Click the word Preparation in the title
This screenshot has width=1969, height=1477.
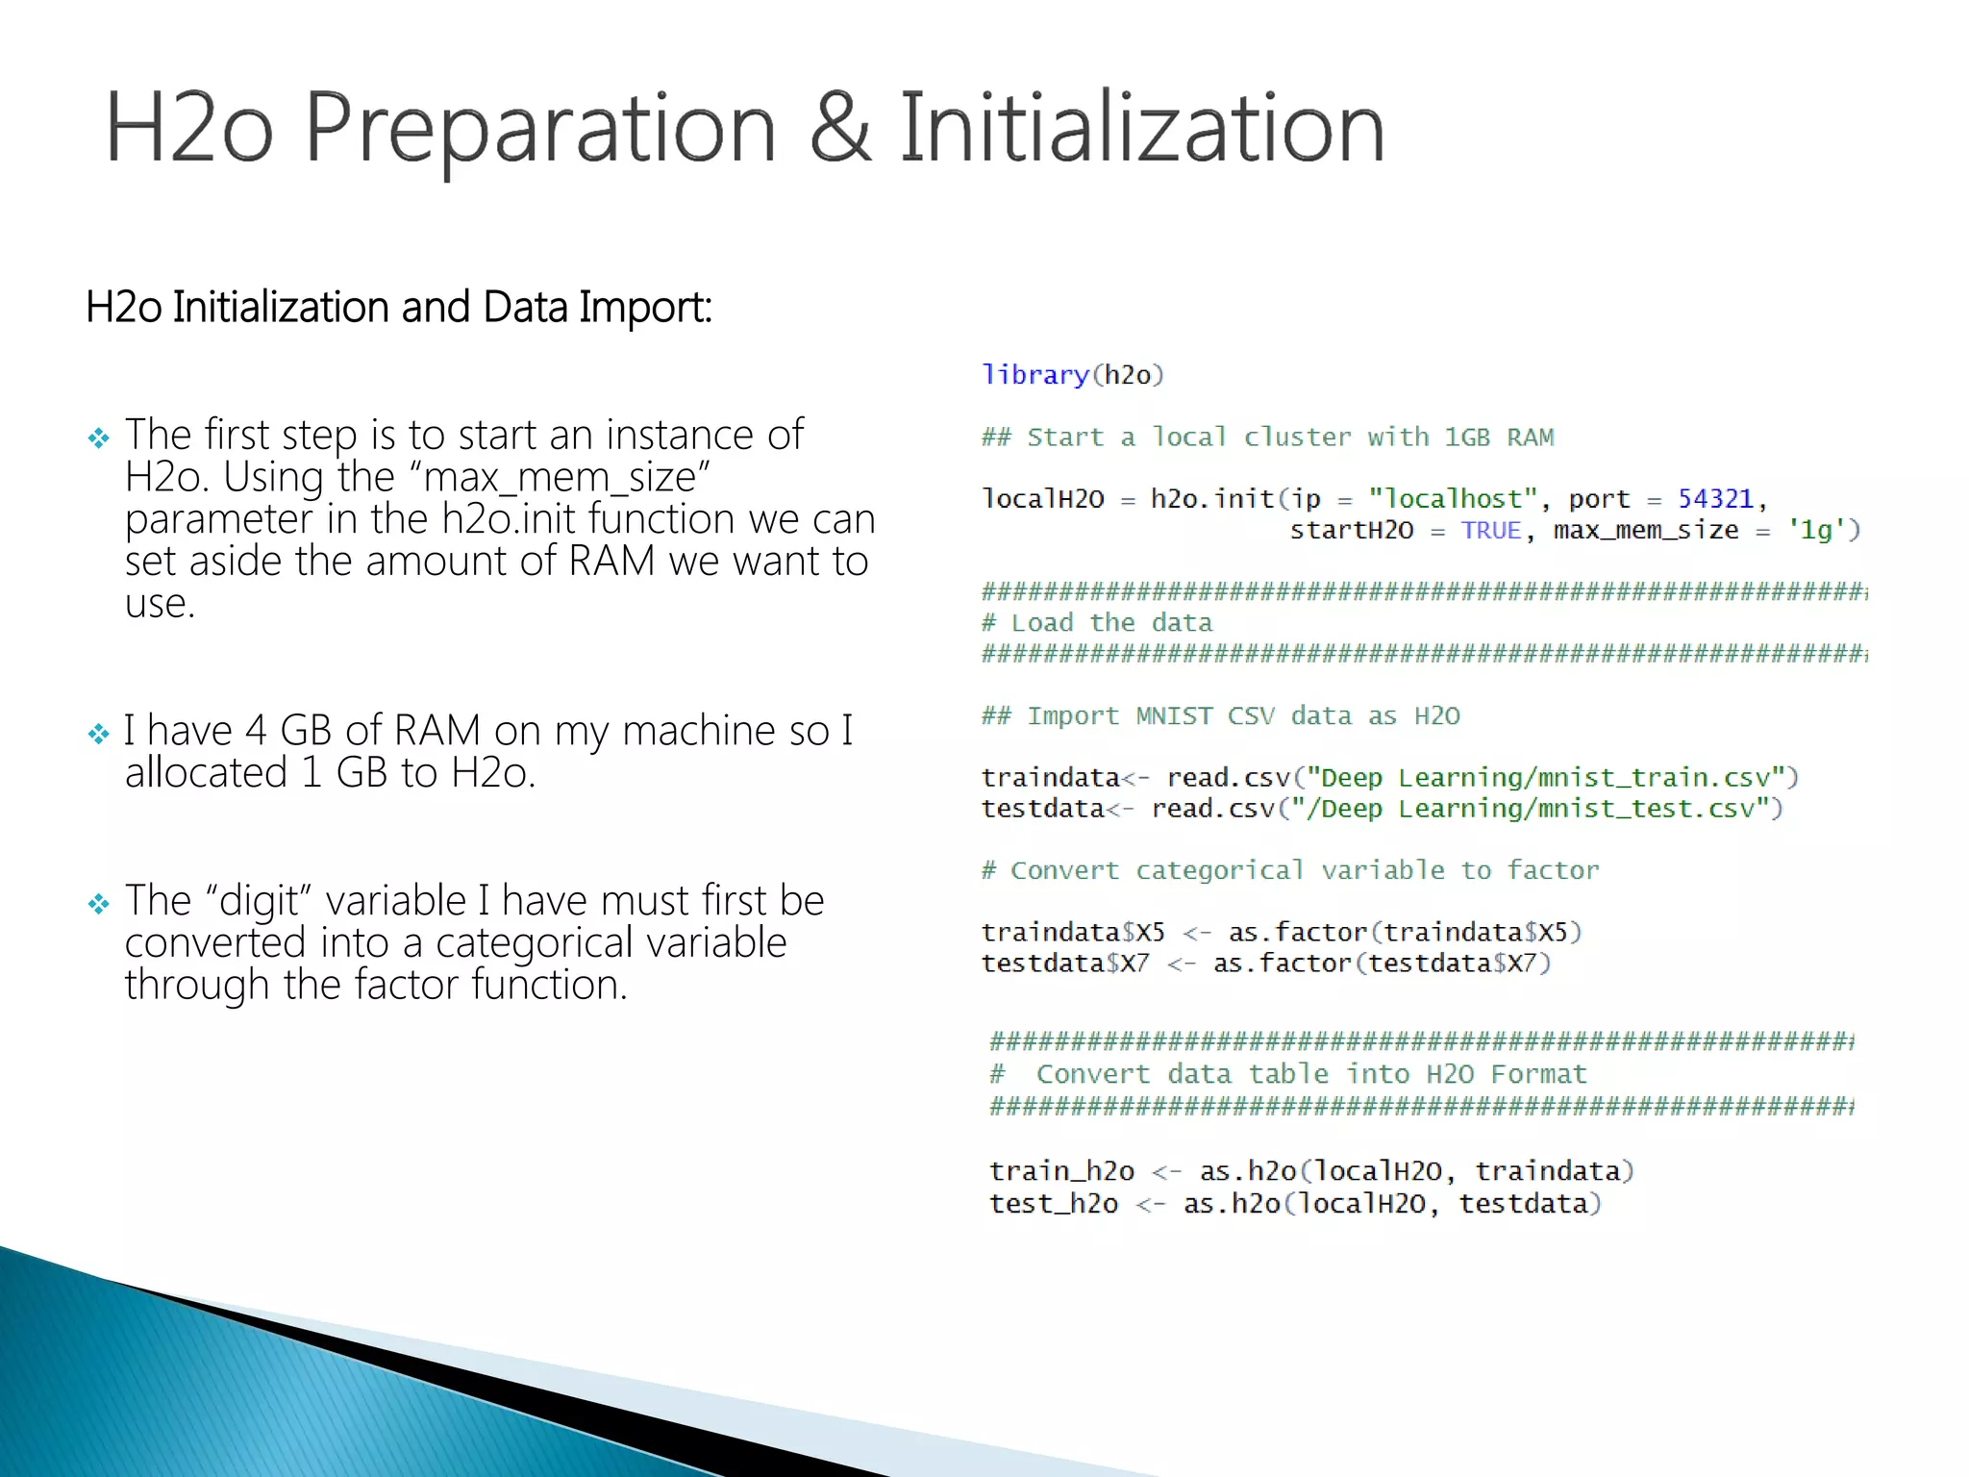click(539, 130)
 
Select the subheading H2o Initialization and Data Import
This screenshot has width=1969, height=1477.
click(399, 309)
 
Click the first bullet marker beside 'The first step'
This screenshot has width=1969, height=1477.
click(99, 439)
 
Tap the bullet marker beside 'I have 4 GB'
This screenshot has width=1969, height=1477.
click(99, 736)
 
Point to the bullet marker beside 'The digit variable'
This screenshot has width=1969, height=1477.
click(99, 905)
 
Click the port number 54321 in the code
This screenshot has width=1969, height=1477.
click(1715, 499)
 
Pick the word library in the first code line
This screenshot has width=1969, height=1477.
click(1034, 375)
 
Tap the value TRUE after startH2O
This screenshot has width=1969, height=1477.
click(1490, 531)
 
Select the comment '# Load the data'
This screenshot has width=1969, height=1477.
click(1097, 623)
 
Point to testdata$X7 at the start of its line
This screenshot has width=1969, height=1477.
click(1064, 964)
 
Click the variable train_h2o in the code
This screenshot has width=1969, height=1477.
click(1061, 1171)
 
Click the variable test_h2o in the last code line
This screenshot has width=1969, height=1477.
click(1054, 1204)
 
